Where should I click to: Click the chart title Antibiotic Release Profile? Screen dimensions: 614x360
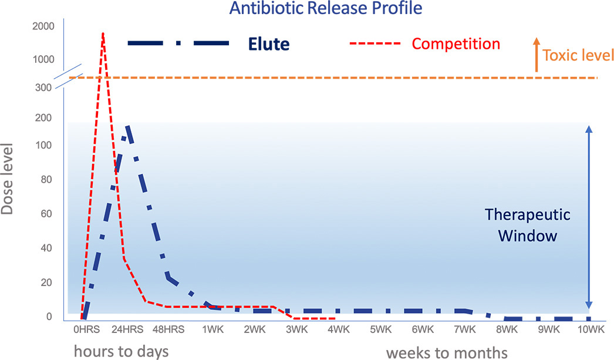click(x=326, y=8)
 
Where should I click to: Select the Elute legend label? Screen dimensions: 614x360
click(x=269, y=44)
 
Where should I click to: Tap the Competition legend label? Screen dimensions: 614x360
click(x=456, y=44)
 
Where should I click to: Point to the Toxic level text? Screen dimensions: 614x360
click(x=578, y=55)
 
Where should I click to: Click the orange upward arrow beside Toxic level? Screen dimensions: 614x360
click(x=537, y=55)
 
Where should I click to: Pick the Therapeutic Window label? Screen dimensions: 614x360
click(x=528, y=226)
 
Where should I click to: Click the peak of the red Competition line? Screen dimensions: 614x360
click(x=103, y=33)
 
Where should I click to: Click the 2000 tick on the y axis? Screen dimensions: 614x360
click(x=43, y=26)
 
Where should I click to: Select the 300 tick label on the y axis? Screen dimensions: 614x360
click(x=43, y=88)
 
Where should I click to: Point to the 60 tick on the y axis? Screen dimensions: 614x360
click(x=46, y=214)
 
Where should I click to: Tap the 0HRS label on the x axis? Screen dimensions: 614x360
click(x=86, y=329)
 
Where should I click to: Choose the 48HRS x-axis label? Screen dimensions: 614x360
click(x=168, y=329)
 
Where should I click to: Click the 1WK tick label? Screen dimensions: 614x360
click(x=213, y=329)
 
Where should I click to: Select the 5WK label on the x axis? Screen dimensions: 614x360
click(x=380, y=329)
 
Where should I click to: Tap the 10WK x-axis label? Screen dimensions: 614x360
click(x=591, y=329)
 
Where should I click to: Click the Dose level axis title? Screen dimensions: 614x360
click(x=7, y=179)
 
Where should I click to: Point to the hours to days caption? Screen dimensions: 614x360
click(x=122, y=351)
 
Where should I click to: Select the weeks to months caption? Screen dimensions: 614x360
click(x=447, y=352)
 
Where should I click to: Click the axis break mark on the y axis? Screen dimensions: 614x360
click(x=69, y=76)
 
